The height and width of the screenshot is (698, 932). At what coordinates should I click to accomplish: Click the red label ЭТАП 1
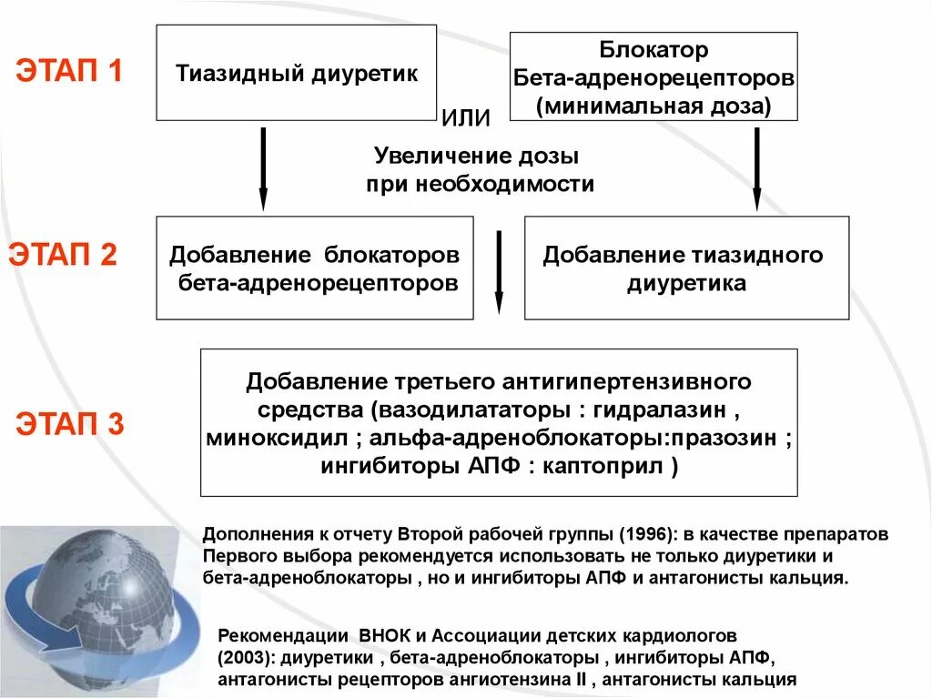tap(68, 71)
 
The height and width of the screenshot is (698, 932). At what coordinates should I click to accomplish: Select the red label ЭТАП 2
tap(63, 255)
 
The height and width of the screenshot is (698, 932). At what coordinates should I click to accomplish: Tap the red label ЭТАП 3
tap(68, 425)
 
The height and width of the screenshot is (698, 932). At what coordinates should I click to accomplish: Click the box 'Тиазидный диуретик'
tap(297, 73)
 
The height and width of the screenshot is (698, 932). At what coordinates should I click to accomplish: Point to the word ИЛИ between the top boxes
tap(466, 118)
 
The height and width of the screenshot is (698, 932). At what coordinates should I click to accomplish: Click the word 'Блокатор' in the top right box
tap(653, 49)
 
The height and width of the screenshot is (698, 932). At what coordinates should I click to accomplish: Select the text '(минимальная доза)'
tap(653, 106)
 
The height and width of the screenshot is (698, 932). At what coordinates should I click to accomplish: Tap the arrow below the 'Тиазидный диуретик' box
tap(263, 168)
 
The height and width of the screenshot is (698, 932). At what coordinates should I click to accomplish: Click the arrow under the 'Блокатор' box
tap(756, 168)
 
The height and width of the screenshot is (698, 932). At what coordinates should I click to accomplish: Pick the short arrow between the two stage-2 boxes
tap(499, 271)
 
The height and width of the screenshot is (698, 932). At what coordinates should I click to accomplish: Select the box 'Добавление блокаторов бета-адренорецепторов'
tap(315, 268)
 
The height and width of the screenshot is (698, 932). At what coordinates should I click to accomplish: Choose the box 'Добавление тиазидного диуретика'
tap(686, 268)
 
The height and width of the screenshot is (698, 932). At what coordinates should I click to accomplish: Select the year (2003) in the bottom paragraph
tap(246, 656)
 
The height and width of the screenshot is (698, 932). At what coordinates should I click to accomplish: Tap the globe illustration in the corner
tap(96, 605)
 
